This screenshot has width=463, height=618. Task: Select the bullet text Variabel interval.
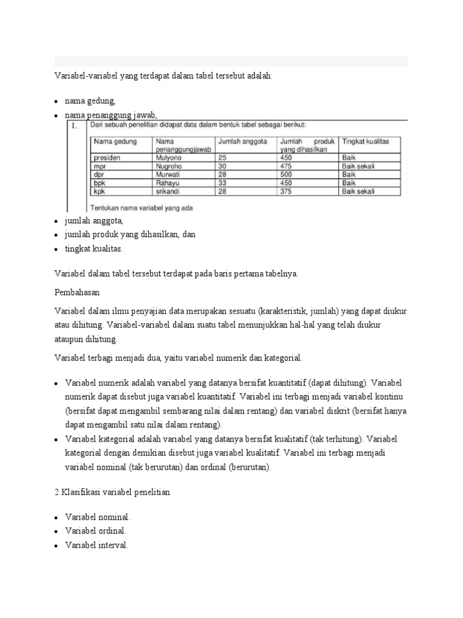[97, 544]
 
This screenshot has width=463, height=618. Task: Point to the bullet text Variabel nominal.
[98, 517]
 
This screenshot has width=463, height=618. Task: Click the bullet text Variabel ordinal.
[96, 531]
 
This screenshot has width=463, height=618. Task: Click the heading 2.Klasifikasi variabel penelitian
[112, 492]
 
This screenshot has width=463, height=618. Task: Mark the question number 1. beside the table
[75, 126]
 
